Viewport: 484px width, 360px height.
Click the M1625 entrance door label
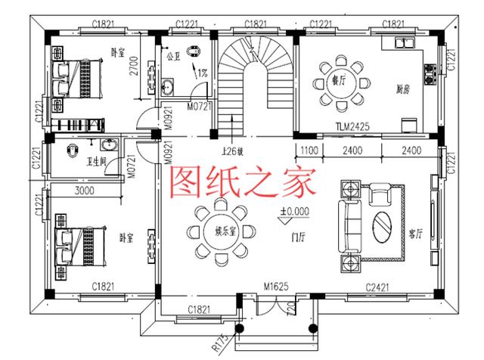coord(279,287)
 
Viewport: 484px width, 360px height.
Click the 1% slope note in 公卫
coord(202,74)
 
